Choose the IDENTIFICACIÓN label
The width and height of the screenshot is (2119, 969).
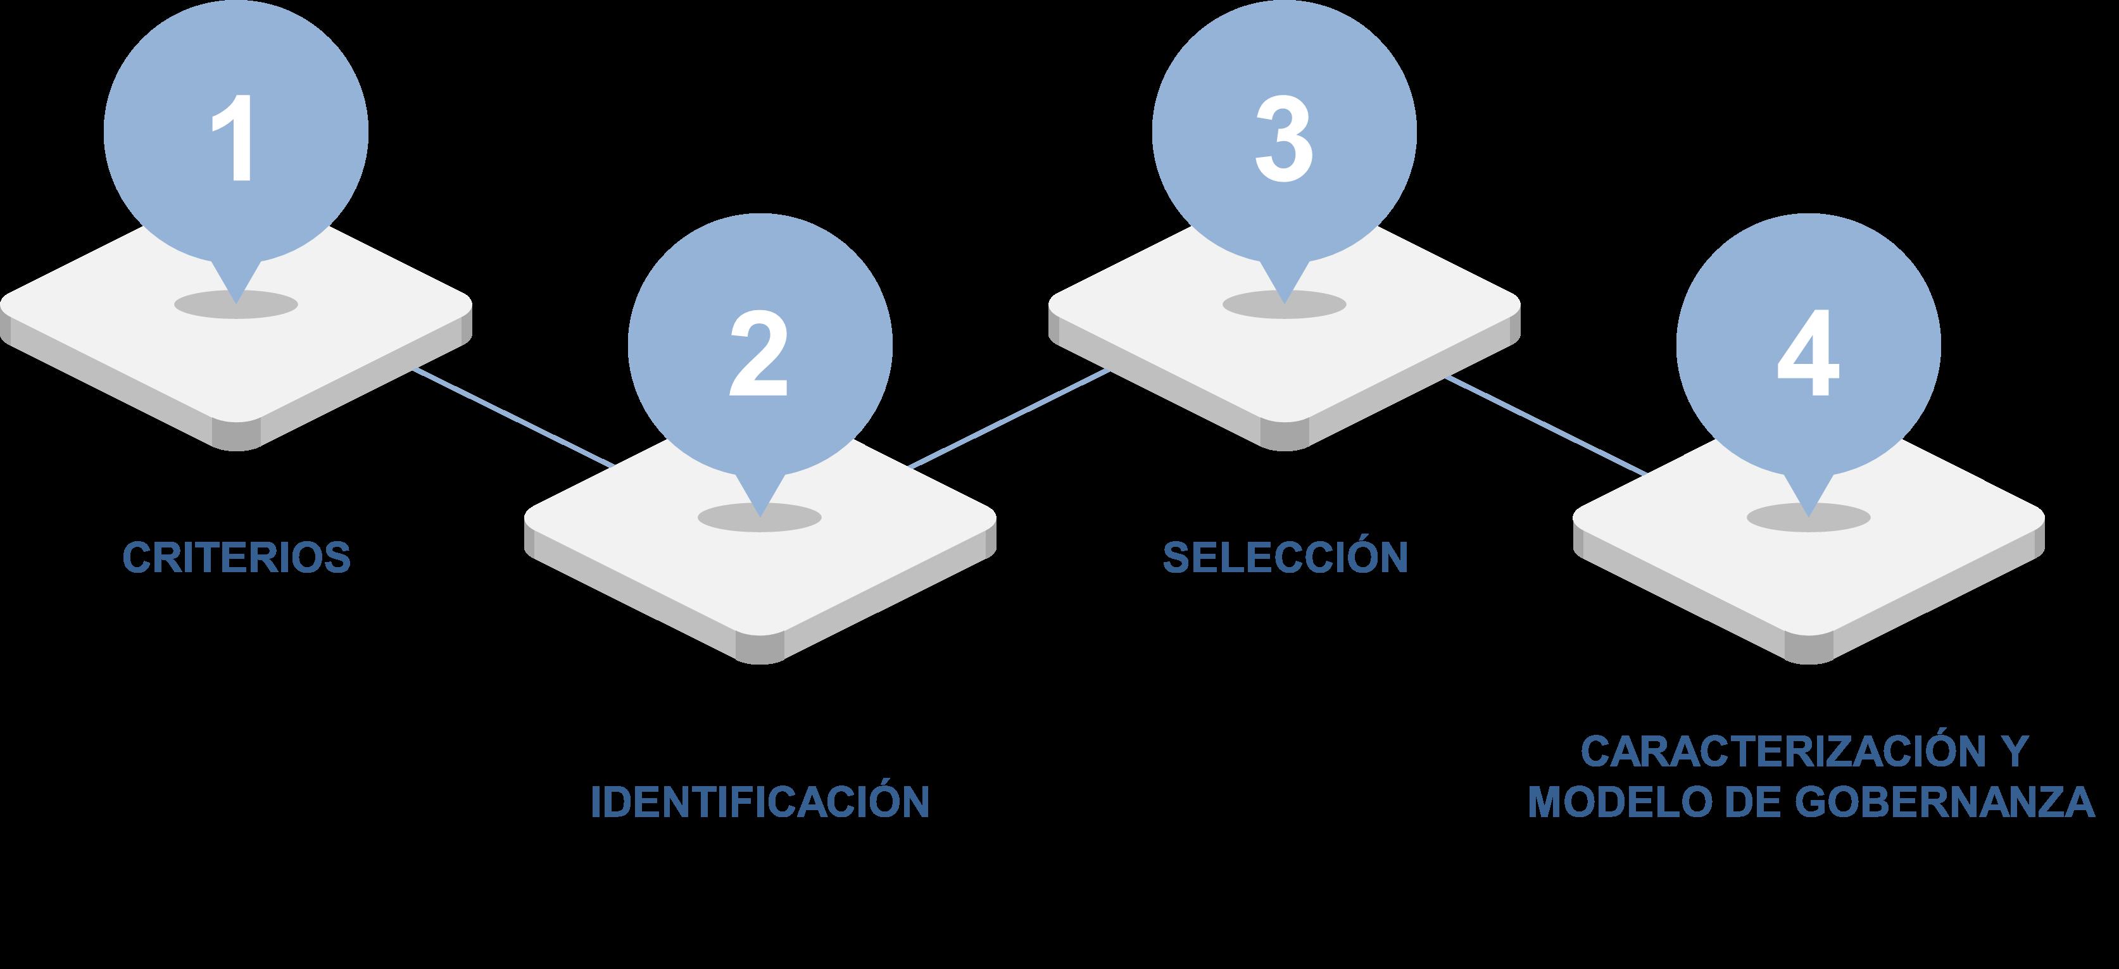[x=760, y=802]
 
